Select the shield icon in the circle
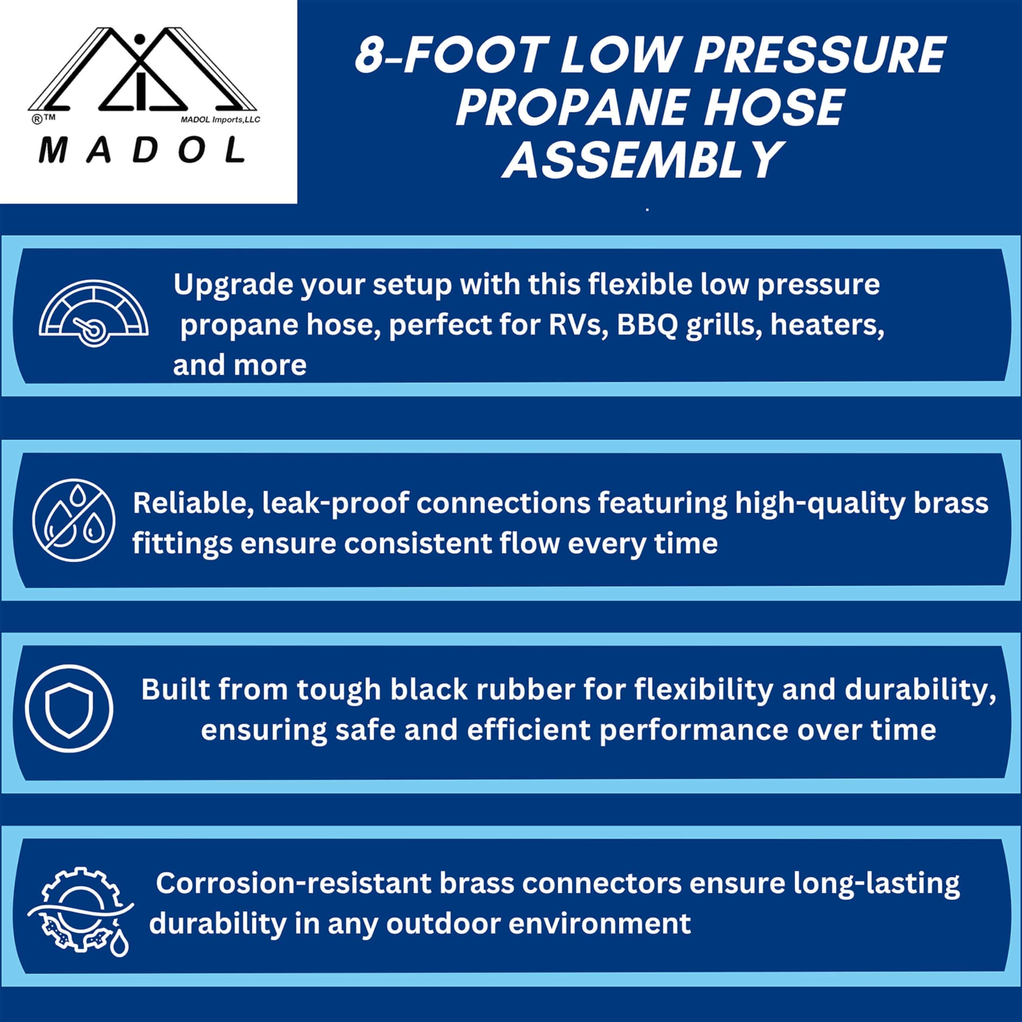coord(69,708)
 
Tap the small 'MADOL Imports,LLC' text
coord(221,119)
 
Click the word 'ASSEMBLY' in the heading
coord(642,159)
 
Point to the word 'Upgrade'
coord(232,286)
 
